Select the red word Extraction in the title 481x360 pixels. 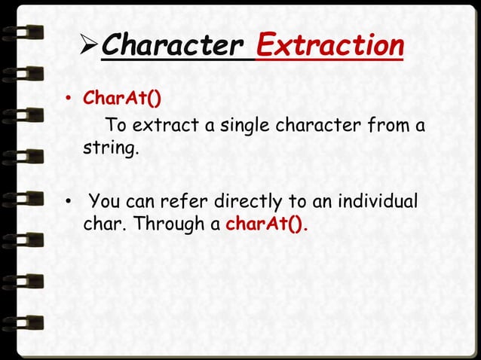tap(329, 47)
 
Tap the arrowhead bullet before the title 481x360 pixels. tap(87, 47)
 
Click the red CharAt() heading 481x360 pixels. tap(122, 99)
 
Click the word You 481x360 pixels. tap(105, 203)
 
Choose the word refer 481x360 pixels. tap(185, 203)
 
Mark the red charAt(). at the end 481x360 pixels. tap(268, 224)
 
